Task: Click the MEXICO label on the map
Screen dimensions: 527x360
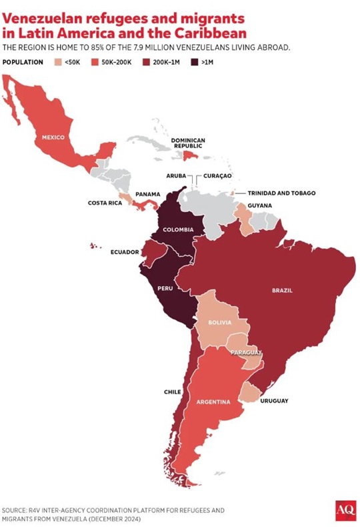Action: point(53,137)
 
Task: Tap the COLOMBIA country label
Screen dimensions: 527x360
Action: point(178,229)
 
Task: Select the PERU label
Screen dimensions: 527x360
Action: point(165,288)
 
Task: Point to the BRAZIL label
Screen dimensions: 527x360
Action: point(282,290)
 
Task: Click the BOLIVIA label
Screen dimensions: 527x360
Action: point(219,322)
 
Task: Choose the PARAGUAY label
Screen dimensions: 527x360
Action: point(246,352)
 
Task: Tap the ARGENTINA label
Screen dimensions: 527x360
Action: point(214,402)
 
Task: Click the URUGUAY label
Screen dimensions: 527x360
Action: point(274,400)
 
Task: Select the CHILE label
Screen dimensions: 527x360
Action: point(173,392)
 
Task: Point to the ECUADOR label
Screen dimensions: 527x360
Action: point(125,252)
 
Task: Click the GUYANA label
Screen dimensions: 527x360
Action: point(259,206)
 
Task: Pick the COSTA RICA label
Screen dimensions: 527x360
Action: point(105,203)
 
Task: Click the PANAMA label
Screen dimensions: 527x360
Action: point(147,194)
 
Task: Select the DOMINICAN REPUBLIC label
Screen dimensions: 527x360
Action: point(187,143)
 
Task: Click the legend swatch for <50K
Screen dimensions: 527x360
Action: point(58,61)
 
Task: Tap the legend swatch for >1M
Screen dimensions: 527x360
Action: point(194,61)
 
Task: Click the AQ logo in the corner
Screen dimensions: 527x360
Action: point(345,510)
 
